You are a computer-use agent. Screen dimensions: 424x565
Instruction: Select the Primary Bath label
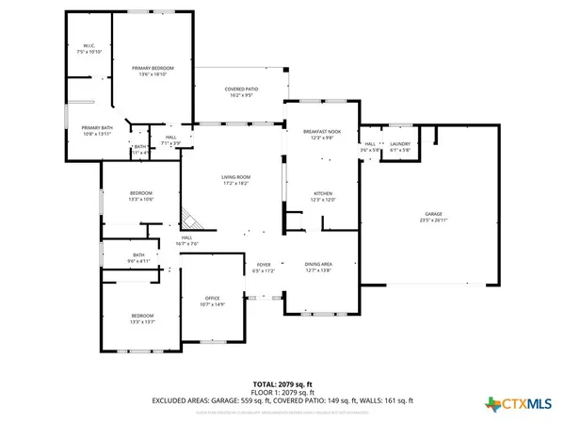click(x=97, y=131)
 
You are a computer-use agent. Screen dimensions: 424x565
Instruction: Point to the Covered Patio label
click(x=239, y=92)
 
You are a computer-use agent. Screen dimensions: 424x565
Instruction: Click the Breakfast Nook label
click(x=323, y=135)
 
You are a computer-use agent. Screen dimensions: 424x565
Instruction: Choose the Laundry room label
click(x=400, y=147)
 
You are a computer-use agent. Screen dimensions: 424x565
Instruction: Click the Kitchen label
click(x=323, y=196)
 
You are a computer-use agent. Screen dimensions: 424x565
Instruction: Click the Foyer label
click(x=264, y=268)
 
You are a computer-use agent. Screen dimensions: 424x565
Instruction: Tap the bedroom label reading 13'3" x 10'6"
click(x=140, y=195)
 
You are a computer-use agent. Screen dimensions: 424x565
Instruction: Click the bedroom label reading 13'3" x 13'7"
click(x=142, y=318)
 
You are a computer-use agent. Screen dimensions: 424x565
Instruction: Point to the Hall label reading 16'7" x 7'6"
click(x=186, y=240)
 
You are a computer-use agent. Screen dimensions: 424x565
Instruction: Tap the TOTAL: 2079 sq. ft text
click(x=282, y=385)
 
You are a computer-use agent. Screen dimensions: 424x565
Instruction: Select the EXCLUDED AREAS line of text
click(x=282, y=400)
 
